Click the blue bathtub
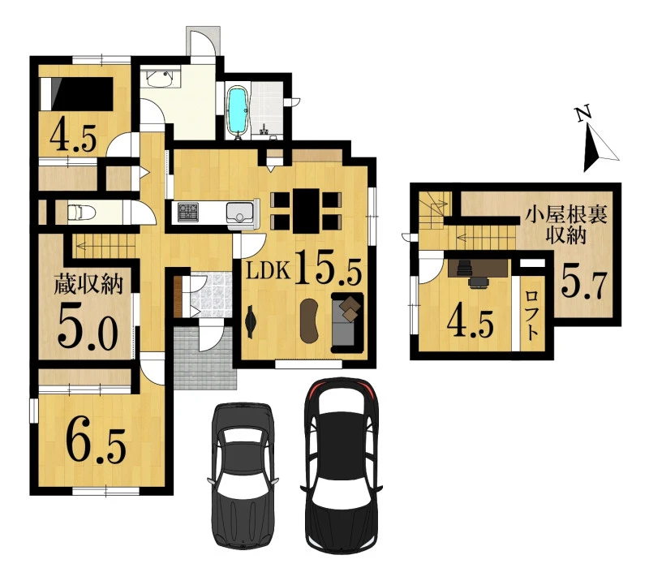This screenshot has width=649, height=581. pos(237,110)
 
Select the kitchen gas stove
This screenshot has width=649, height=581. pos(188,211)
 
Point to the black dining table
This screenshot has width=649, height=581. pos(306,211)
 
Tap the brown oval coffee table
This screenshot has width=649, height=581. pos(309,321)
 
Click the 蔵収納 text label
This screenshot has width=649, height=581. pos(88,285)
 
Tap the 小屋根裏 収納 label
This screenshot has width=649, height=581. pos(565,226)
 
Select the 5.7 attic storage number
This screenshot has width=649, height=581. pos(585,285)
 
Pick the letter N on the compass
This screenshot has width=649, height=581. pos(583,114)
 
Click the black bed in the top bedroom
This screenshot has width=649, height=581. pos(76,94)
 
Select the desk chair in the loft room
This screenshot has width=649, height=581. pos(479,282)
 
